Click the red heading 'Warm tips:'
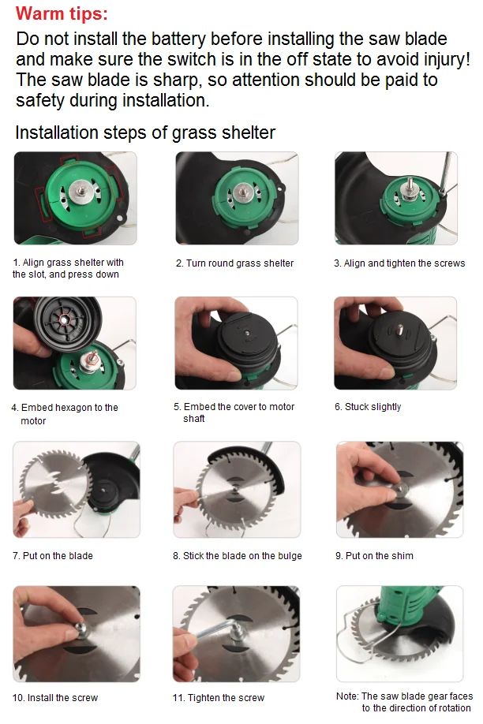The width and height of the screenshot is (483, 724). [x=62, y=14]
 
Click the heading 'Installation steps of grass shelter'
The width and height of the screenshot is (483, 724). [x=145, y=132]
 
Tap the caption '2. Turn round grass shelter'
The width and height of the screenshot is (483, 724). [x=234, y=263]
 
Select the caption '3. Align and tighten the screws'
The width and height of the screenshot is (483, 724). [x=399, y=263]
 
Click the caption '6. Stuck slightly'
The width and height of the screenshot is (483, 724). [x=368, y=407]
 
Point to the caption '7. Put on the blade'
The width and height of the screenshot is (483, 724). [x=53, y=556]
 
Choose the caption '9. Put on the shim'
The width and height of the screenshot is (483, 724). [x=374, y=556]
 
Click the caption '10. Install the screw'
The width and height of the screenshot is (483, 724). [x=55, y=698]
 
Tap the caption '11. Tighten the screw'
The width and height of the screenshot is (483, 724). [x=219, y=698]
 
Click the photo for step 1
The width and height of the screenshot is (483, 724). [x=75, y=198]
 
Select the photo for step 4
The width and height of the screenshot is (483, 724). [x=75, y=343]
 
